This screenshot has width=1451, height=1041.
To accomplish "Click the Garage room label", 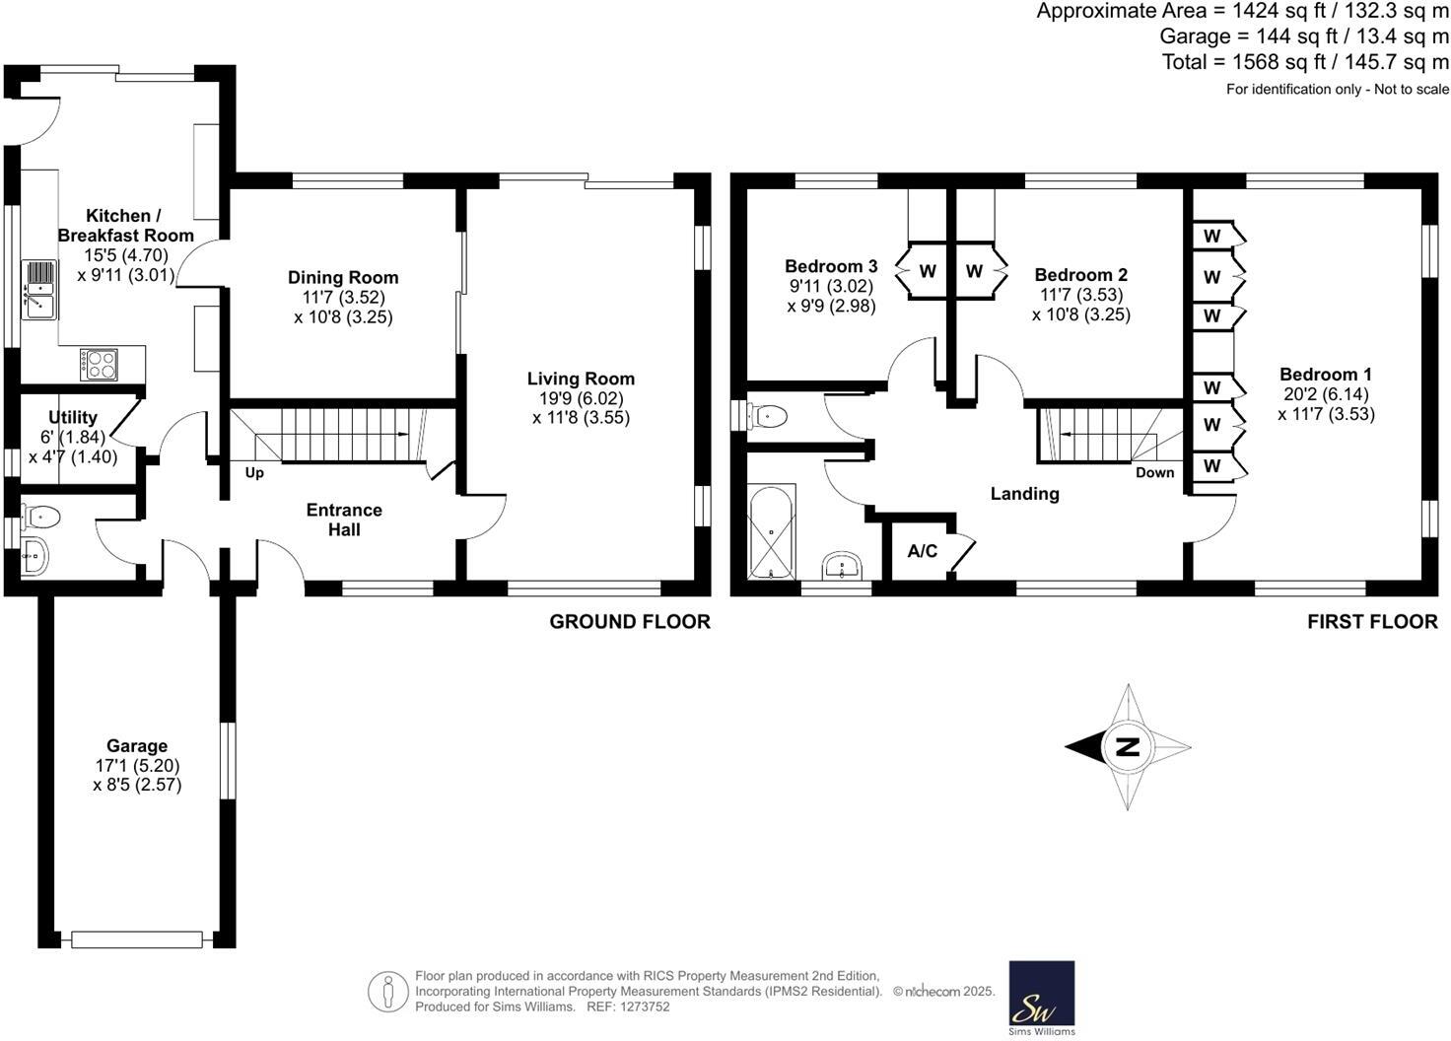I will pos(137,746).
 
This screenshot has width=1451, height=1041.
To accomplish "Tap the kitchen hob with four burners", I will pos(100,365).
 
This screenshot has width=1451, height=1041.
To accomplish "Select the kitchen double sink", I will pos(39,290).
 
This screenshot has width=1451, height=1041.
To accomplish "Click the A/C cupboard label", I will pos(923,551).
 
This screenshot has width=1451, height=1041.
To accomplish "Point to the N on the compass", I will pos(1128,746).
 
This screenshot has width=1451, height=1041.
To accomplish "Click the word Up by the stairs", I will pos(254,473).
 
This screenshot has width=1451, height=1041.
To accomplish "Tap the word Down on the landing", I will pos(1154,472).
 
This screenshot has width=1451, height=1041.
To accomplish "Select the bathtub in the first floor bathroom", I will pos(771,533).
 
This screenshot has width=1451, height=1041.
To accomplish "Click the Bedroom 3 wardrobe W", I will pos(928,271).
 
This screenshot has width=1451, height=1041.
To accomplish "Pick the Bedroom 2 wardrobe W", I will pos(974,271).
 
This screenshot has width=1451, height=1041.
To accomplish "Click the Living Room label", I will pos(581,379).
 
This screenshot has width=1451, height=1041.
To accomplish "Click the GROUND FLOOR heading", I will pos(629,622).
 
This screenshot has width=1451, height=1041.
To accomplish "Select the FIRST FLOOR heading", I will pos(1372,622).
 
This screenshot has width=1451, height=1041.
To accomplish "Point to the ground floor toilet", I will pos(40,516).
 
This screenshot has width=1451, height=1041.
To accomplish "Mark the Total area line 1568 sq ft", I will pos(1305,62).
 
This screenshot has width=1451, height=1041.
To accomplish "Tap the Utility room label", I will pos(73,417).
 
